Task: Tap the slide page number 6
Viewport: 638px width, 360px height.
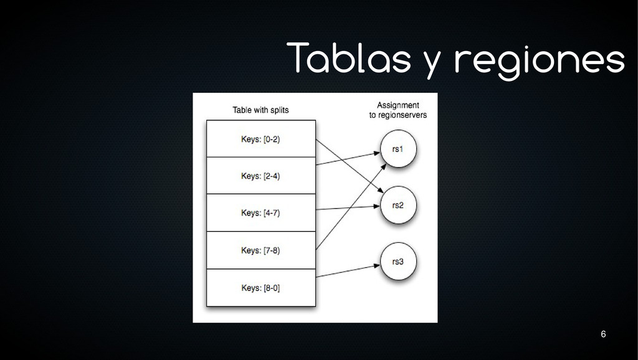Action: click(602, 335)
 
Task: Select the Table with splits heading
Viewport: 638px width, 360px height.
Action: click(260, 110)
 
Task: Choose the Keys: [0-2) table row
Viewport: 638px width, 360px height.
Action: click(260, 139)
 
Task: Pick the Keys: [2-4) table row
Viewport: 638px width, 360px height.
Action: click(260, 176)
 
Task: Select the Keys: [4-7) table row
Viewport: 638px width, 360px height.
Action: click(260, 213)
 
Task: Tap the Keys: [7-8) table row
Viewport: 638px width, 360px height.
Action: click(260, 250)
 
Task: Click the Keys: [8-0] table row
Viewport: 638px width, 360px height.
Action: click(260, 288)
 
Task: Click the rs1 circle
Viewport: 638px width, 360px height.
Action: click(398, 149)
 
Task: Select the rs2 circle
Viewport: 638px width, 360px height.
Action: click(398, 205)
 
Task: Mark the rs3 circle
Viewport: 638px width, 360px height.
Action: click(398, 261)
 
